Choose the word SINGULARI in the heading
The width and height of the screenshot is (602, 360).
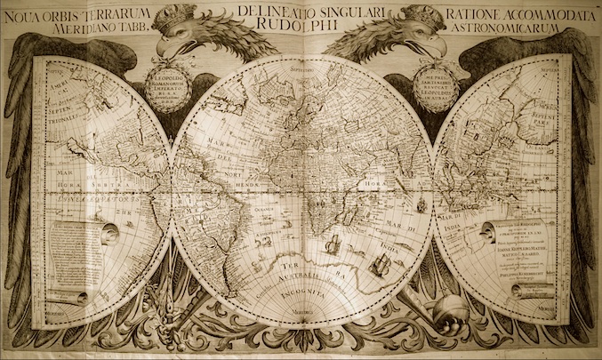pos(361,12)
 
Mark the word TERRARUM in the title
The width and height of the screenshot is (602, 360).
pos(132,12)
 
